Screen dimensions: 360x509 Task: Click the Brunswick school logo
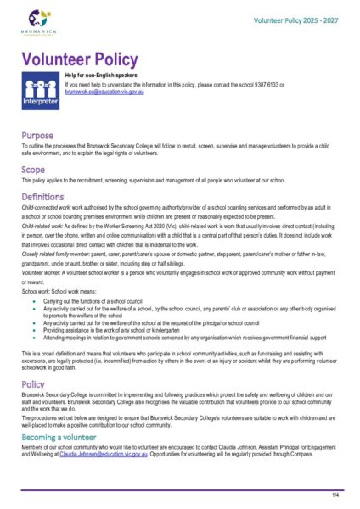point(41,21)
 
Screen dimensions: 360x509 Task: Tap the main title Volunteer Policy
point(79,59)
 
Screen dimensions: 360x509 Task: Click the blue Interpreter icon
point(40,92)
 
